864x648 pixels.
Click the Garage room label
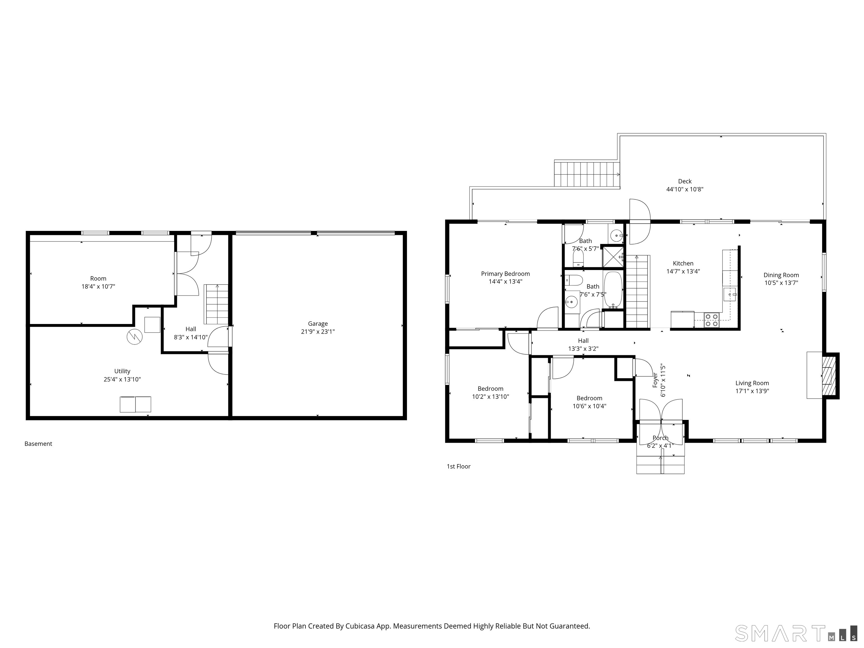pyautogui.click(x=318, y=323)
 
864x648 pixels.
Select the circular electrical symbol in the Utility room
pyautogui.click(x=134, y=337)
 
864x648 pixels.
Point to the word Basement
pyautogui.click(x=38, y=444)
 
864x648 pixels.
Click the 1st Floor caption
pyautogui.click(x=458, y=466)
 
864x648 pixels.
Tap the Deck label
pyautogui.click(x=685, y=181)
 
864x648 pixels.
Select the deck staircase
pyautogui.click(x=587, y=174)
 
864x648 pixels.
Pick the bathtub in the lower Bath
pyautogui.click(x=613, y=290)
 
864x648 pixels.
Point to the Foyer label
pyautogui.click(x=655, y=380)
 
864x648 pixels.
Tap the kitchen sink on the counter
pyautogui.click(x=730, y=294)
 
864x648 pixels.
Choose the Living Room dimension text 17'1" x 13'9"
pyautogui.click(x=752, y=391)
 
